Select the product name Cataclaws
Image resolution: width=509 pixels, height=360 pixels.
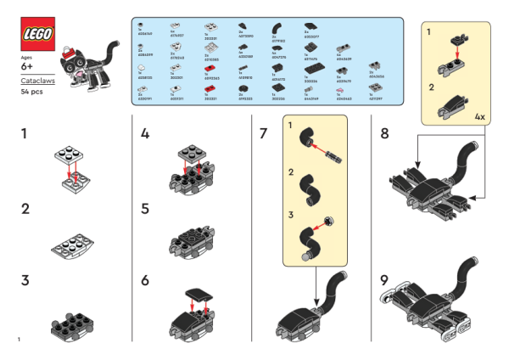(x=35, y=80)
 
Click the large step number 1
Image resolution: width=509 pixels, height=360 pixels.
(x=25, y=133)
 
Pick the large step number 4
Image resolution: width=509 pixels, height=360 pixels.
(x=145, y=133)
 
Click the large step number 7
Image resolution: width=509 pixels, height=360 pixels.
(x=264, y=133)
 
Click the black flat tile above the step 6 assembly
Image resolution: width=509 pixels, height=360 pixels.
(x=200, y=295)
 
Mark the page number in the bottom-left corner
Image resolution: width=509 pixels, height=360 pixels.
(x=18, y=340)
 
